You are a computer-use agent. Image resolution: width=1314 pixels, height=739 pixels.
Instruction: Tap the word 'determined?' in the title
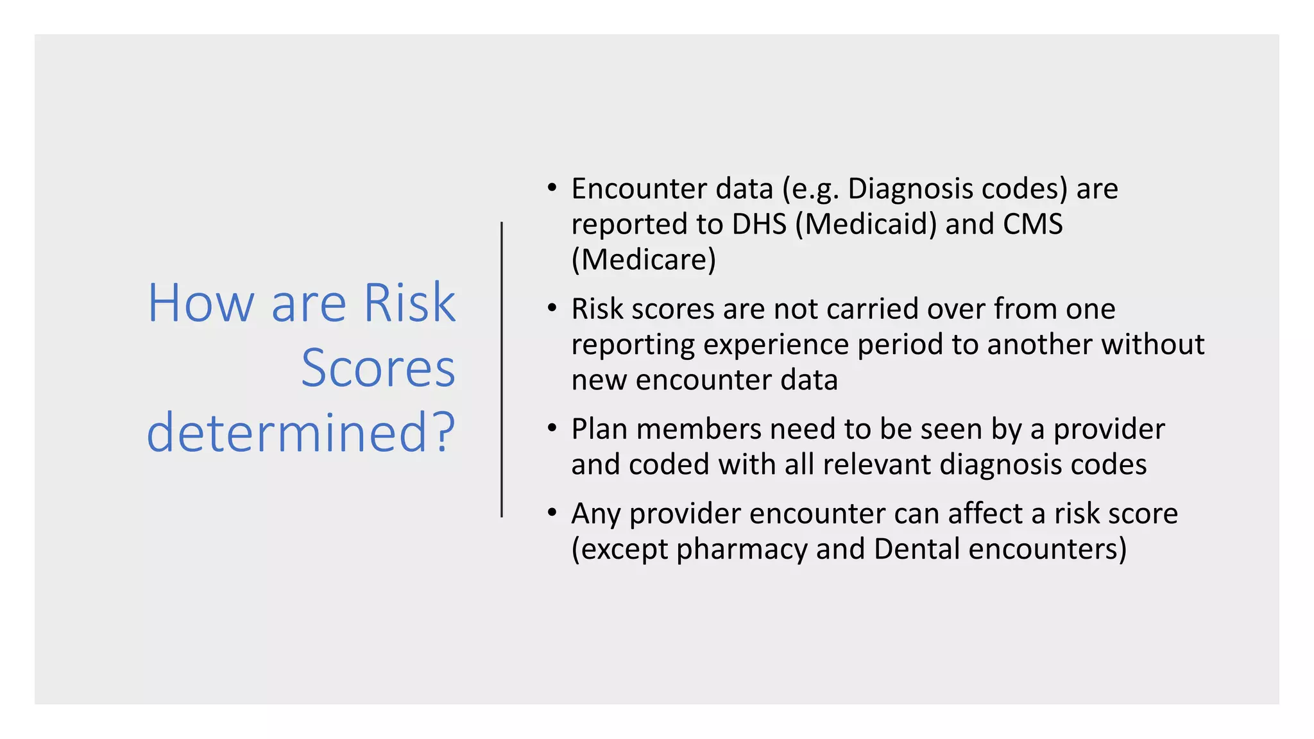(x=301, y=432)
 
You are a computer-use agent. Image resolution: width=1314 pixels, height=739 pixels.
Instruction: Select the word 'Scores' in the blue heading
(x=378, y=368)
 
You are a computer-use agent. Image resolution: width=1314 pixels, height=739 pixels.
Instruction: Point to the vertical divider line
(x=502, y=369)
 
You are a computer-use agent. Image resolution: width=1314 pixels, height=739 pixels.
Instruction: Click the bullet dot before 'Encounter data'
(x=552, y=188)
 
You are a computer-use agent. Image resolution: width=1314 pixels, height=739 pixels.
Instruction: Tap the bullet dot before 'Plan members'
(x=552, y=428)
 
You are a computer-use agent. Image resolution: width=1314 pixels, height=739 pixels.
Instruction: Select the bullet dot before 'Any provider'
(x=552, y=513)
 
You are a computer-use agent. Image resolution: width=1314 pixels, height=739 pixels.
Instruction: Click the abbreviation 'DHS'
(x=759, y=224)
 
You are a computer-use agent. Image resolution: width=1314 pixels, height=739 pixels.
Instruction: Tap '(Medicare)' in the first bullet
(x=644, y=260)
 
